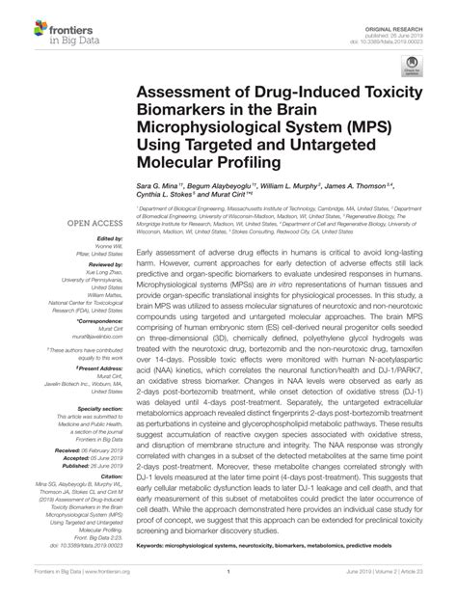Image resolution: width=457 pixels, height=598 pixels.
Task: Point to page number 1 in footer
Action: coord(228,583)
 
